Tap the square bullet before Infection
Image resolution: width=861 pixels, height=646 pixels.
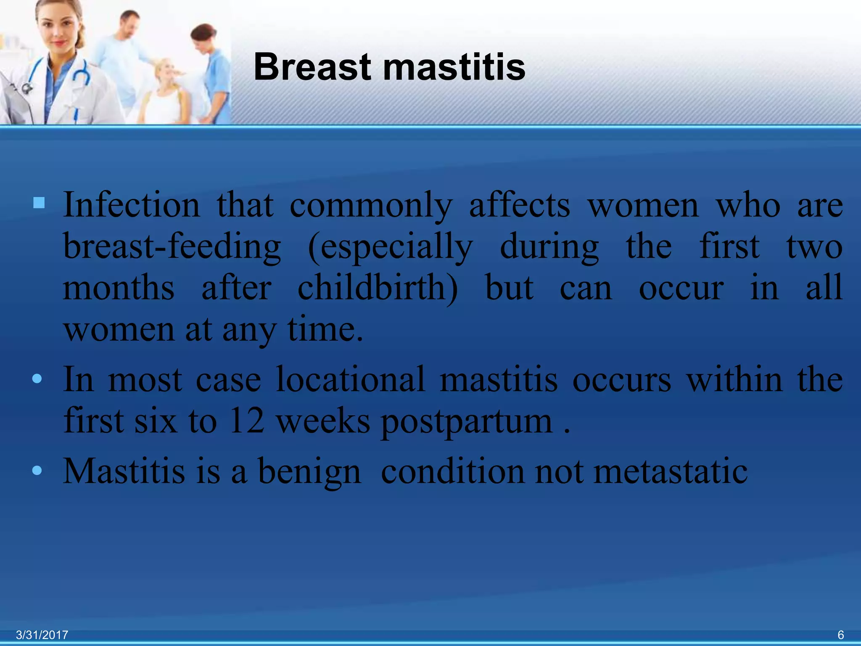point(39,203)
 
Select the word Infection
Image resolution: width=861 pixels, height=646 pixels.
point(132,205)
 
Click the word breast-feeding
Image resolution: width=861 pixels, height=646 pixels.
point(172,246)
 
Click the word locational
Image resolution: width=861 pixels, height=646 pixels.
point(350,379)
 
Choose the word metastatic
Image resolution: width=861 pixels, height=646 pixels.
point(670,471)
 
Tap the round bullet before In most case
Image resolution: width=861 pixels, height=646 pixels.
point(37,379)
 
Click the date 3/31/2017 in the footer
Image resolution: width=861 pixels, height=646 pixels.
point(42,635)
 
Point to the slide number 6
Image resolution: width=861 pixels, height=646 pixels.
point(840,635)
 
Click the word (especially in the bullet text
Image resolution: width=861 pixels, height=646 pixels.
point(390,247)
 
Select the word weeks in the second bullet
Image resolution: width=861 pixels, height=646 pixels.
point(323,421)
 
